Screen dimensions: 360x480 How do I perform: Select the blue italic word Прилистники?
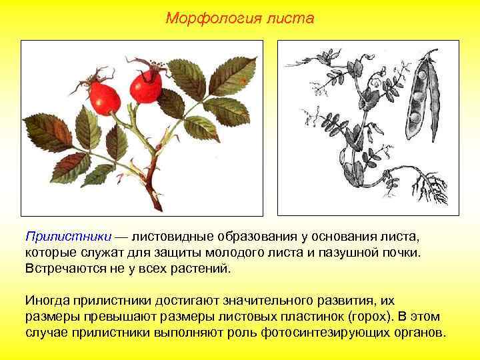[x=68, y=237]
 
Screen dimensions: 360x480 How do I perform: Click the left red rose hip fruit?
[x=106, y=98]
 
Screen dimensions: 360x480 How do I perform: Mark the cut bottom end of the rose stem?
[x=158, y=203]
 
